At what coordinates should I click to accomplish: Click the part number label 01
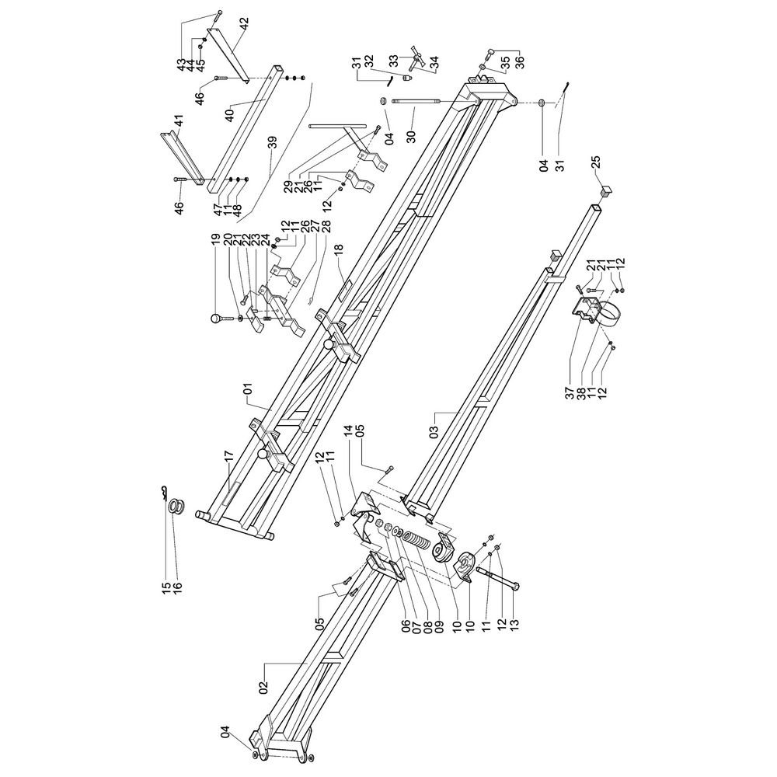pos(248,388)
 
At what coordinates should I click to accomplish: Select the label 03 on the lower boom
pos(434,431)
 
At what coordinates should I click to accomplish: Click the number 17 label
pos(228,457)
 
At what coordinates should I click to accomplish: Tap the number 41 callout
pos(179,120)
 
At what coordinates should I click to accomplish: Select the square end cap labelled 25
pos(606,191)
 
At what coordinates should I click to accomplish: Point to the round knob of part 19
pos(216,319)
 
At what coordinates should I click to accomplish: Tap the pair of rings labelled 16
pos(176,507)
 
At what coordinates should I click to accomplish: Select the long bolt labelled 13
pos(498,578)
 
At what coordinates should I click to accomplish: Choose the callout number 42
pos(244,23)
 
